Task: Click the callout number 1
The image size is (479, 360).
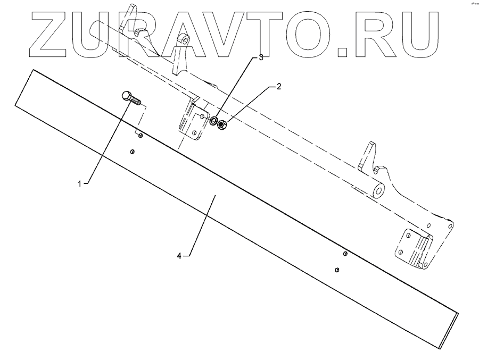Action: pyautogui.click(x=80, y=183)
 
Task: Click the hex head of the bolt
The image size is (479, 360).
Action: pyautogui.click(x=126, y=96)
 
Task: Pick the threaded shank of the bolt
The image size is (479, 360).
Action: pyautogui.click(x=137, y=101)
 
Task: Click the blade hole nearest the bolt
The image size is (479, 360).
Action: pyautogui.click(x=140, y=136)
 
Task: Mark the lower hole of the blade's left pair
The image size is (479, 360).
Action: pyautogui.click(x=133, y=152)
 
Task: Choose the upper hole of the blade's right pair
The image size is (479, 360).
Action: pyautogui.click(x=345, y=254)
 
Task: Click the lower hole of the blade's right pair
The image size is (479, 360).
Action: pyautogui.click(x=337, y=270)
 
